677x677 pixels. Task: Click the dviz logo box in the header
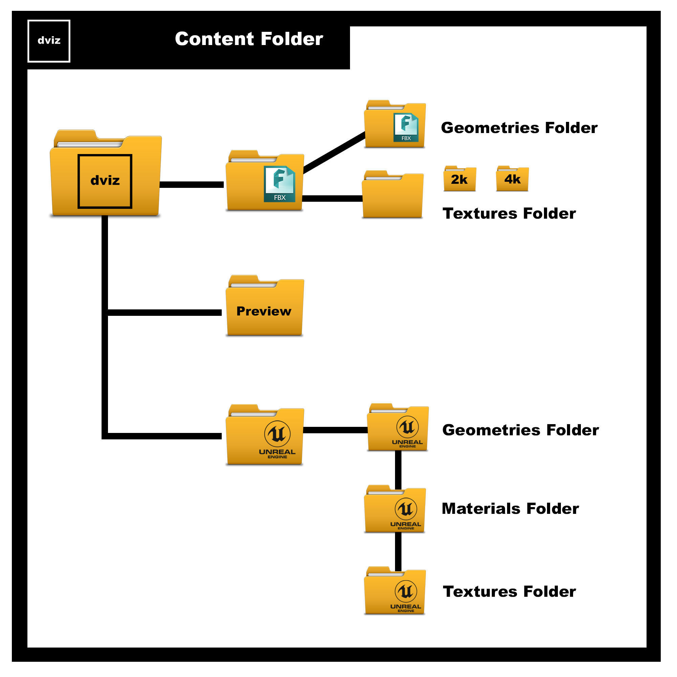49,41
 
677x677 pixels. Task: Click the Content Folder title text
249,39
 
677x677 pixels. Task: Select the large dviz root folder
106,175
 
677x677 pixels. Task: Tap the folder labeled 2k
459,179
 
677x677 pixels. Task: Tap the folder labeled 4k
512,179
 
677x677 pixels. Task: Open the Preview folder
265,308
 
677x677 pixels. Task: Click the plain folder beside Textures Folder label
392,196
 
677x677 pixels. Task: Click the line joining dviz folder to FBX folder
191,185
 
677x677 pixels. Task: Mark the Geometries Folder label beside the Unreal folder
520,430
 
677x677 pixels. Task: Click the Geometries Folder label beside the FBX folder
519,128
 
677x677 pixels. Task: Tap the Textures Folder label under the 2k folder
509,214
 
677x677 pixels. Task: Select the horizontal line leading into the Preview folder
165,312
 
